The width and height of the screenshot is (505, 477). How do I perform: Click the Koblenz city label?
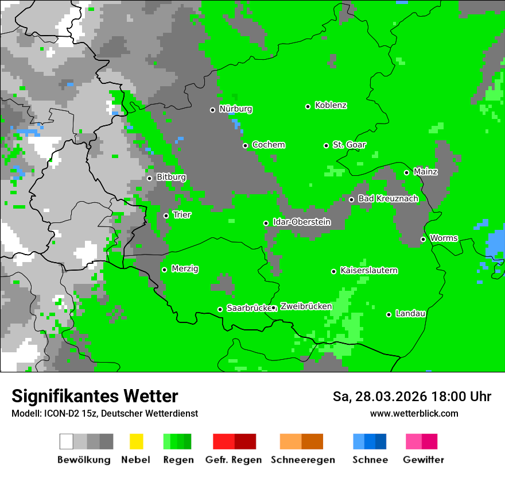pyautogui.click(x=331, y=106)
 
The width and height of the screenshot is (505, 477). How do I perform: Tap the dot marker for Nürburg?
pyautogui.click(x=212, y=110)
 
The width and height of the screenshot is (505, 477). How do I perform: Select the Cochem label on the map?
pyautogui.click(x=268, y=145)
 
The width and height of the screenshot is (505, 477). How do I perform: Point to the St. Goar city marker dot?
pyautogui.click(x=326, y=145)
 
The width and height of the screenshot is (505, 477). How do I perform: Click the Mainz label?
pyautogui.click(x=425, y=172)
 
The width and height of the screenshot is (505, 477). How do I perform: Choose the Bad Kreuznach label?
pyautogui.click(x=388, y=199)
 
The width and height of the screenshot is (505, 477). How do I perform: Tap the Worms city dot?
pyautogui.click(x=423, y=239)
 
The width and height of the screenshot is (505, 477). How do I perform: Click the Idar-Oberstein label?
pyautogui.click(x=301, y=222)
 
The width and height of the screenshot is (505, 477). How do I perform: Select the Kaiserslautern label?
pyautogui.click(x=368, y=271)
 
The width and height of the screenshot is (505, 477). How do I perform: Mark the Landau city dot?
pyautogui.click(x=389, y=314)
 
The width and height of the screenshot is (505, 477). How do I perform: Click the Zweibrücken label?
pyautogui.click(x=306, y=307)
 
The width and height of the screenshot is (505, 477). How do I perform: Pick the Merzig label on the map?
pyautogui.click(x=185, y=269)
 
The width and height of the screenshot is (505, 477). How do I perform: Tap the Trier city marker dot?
pyautogui.click(x=166, y=216)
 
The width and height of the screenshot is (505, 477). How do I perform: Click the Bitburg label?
pyautogui.click(x=171, y=178)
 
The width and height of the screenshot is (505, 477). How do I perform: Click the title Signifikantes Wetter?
pyautogui.click(x=95, y=396)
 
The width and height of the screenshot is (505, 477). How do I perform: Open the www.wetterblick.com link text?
pyautogui.click(x=414, y=413)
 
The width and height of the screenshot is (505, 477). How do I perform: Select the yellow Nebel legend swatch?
pyautogui.click(x=136, y=441)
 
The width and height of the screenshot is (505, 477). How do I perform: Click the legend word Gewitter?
pyautogui.click(x=423, y=460)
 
